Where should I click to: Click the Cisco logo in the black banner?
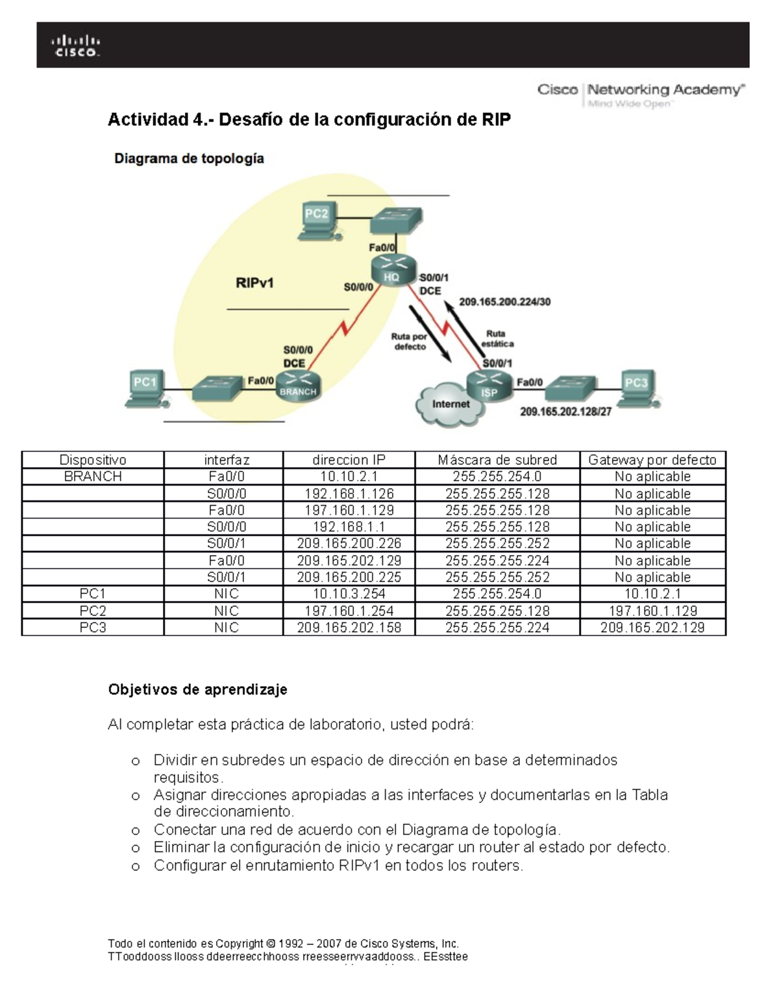click(75, 45)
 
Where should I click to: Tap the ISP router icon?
click(490, 387)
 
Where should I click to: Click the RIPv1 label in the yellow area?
click(254, 282)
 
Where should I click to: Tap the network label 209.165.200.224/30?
click(504, 302)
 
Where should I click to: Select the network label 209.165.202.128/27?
click(565, 412)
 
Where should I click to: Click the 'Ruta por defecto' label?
click(409, 341)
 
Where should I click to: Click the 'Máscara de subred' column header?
click(497, 460)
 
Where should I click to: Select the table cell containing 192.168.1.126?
click(349, 493)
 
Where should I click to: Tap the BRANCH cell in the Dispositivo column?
click(93, 476)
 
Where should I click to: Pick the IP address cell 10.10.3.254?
click(349, 594)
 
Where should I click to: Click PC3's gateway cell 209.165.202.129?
click(652, 628)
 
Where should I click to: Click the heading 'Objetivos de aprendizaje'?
click(197, 689)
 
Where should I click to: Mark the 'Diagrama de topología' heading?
click(189, 158)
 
